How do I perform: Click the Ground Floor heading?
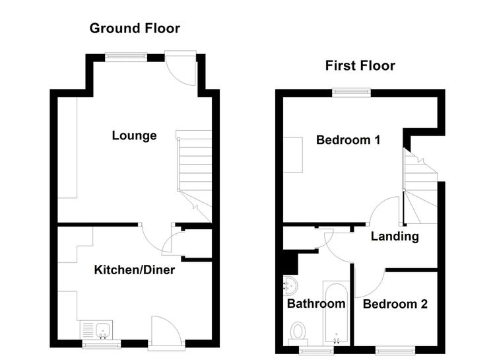[135, 28]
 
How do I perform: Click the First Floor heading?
[360, 66]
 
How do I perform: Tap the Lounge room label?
[134, 135]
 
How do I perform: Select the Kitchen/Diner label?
[135, 270]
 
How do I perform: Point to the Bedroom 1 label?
[348, 139]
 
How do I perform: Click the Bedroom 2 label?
[395, 304]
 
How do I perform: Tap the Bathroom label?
[316, 304]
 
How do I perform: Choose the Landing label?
[395, 236]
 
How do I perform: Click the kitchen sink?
[96, 330]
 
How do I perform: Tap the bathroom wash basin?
[290, 285]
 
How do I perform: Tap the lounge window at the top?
[126, 57]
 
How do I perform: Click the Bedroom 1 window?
[351, 92]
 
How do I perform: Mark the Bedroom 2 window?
[395, 349]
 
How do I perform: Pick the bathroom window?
[316, 350]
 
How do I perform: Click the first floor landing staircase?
[420, 186]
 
